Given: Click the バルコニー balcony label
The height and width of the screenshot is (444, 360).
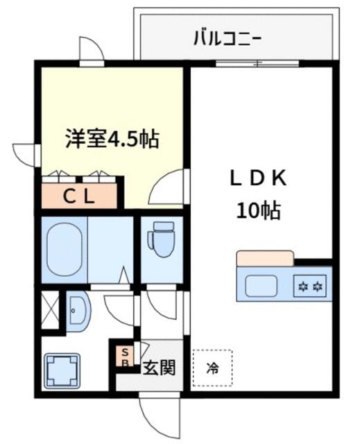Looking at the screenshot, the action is pyautogui.click(x=227, y=38).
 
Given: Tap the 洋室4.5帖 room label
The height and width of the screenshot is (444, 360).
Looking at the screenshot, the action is pyautogui.click(x=112, y=139).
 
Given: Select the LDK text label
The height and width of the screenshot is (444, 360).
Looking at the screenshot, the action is pyautogui.click(x=258, y=178).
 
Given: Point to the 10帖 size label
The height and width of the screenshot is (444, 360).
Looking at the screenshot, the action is pyautogui.click(x=258, y=210).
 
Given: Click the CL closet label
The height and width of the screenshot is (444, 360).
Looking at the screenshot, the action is pyautogui.click(x=78, y=196).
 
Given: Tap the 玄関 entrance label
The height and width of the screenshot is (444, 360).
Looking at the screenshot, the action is pyautogui.click(x=159, y=368).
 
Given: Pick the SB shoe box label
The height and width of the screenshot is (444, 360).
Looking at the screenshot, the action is pyautogui.click(x=125, y=357).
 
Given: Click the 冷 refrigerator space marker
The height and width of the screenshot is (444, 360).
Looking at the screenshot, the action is pyautogui.click(x=212, y=368).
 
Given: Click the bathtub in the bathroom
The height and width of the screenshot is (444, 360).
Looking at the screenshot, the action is pyautogui.click(x=65, y=249).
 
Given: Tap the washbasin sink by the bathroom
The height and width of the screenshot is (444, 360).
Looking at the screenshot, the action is pyautogui.click(x=78, y=311).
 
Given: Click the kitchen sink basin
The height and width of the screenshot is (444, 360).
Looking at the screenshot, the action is pyautogui.click(x=261, y=286).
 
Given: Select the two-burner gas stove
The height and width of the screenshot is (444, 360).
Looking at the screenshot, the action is pyautogui.click(x=310, y=286).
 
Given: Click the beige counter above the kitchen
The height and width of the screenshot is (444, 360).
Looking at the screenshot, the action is pyautogui.click(x=265, y=258).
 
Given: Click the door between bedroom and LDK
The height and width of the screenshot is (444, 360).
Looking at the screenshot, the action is pyautogui.click(x=166, y=186).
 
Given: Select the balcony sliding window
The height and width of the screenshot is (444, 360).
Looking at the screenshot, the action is pyautogui.click(x=257, y=64).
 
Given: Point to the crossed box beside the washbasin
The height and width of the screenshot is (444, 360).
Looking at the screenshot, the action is pyautogui.click(x=50, y=309).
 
